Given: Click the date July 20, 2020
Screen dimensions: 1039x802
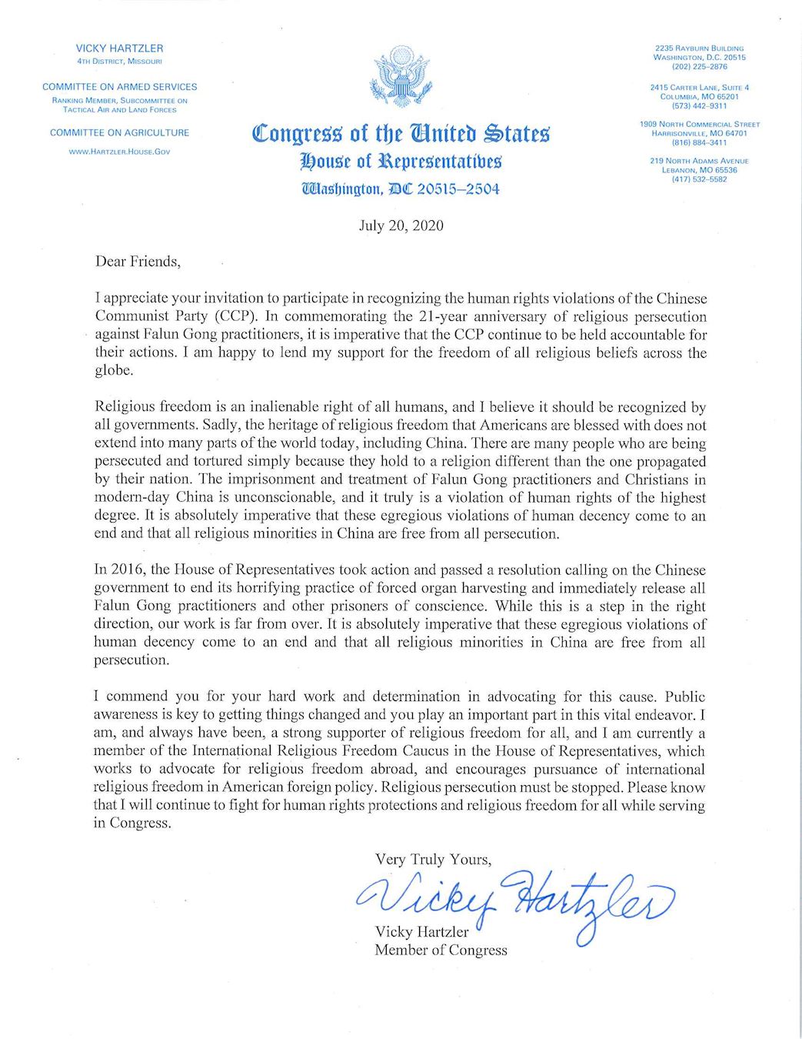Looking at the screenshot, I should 401,226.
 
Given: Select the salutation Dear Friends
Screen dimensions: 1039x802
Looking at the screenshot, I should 138,262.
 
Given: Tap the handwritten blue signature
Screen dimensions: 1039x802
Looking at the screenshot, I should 515,897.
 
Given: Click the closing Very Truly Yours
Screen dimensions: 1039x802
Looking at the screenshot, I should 433,859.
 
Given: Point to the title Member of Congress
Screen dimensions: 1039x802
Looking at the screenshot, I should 441,950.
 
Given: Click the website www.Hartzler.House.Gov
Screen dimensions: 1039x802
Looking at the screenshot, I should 119,152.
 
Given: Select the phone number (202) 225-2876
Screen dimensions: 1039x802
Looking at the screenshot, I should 699,67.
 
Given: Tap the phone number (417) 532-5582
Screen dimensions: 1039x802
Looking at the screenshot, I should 699,179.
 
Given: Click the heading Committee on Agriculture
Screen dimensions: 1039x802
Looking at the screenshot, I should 119,132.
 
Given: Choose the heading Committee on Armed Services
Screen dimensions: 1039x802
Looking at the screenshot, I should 119,87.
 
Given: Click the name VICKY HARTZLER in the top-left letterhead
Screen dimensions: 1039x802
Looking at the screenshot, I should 119,48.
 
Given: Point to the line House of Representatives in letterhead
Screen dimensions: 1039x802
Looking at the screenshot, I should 401,162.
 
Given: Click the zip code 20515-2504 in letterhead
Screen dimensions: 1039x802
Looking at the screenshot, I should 458,189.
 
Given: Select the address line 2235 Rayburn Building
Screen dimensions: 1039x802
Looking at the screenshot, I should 699,48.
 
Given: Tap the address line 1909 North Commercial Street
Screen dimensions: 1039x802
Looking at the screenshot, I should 699,124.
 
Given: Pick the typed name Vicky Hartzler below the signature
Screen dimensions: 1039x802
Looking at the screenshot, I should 421,932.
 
